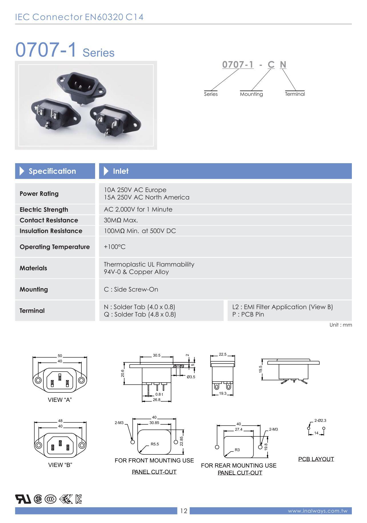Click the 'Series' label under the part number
click(x=211, y=94)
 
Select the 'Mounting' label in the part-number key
click(x=251, y=94)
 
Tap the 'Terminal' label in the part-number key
click(x=295, y=94)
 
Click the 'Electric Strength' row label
click(x=44, y=209)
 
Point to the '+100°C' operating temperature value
click(x=115, y=247)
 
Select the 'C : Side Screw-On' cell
click(x=131, y=289)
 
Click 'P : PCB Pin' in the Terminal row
click(x=248, y=314)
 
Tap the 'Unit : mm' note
click(x=341, y=325)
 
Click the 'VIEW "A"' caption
click(x=60, y=400)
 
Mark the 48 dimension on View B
click(x=60, y=421)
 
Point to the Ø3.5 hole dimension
click(x=191, y=377)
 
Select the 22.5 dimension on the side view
click(x=222, y=354)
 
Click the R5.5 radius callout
click(x=155, y=444)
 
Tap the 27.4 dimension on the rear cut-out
click(x=238, y=429)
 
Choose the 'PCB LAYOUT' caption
click(x=316, y=459)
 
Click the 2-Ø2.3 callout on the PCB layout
click(x=320, y=420)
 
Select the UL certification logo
click(x=23, y=499)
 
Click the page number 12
click(x=184, y=511)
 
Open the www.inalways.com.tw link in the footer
click(x=318, y=511)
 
